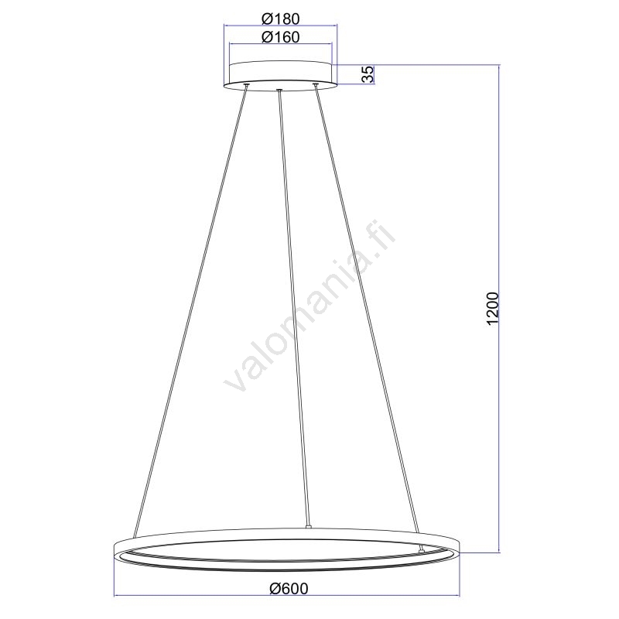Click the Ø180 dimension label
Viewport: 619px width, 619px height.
[x=280, y=19]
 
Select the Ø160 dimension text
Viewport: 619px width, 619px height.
[x=280, y=37]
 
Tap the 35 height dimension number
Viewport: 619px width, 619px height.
[x=368, y=74]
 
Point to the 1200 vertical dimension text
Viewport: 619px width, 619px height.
[x=493, y=309]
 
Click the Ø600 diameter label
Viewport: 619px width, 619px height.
[x=289, y=589]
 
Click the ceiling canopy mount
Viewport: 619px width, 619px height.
[x=280, y=75]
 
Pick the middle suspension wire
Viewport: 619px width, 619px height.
[x=294, y=308]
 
